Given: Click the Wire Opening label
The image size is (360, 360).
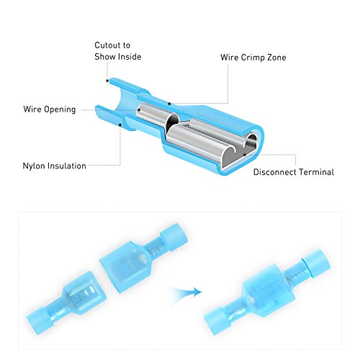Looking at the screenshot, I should [48, 110].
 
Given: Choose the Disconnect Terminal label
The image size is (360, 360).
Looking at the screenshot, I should [293, 171].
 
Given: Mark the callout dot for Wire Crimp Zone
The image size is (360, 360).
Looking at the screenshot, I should [170, 104].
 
